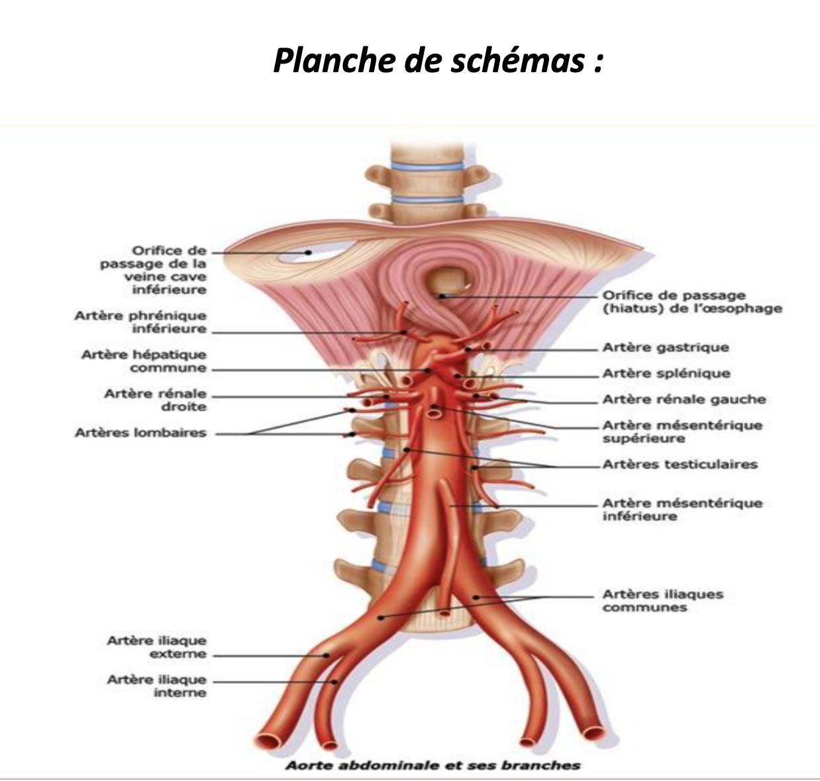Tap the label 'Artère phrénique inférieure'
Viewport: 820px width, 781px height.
140,322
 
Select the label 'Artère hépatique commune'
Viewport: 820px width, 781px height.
144,361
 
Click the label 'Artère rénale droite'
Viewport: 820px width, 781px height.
155,400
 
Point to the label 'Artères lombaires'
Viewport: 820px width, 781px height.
140,434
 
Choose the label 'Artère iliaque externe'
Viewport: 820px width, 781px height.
157,647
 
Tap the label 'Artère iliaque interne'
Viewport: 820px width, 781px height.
157,686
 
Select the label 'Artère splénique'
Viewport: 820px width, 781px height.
666,374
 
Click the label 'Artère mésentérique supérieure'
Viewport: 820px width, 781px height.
682,432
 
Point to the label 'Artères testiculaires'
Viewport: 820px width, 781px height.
680,465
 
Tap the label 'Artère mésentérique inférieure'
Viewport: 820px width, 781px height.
682,510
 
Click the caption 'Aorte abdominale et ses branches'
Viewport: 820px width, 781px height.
433,766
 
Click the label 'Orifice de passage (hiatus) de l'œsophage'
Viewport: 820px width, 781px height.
692,302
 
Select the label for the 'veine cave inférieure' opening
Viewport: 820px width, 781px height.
154,270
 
